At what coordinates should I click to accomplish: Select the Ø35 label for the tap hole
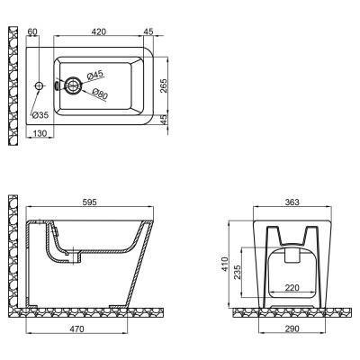click(x=40, y=115)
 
